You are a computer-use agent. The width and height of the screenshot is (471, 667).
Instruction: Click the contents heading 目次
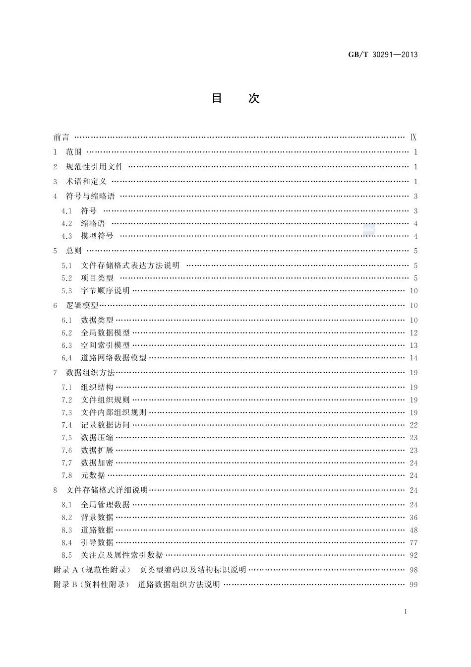[x=235, y=98]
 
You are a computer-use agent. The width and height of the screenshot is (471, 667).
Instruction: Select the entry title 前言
[x=61, y=137]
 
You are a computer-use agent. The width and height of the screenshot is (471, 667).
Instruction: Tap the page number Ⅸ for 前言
[x=414, y=137]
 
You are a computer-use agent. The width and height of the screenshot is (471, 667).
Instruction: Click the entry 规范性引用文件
[x=95, y=167]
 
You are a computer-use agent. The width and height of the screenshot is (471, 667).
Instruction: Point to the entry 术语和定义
[x=86, y=182]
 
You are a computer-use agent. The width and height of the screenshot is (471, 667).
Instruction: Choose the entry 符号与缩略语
[x=90, y=197]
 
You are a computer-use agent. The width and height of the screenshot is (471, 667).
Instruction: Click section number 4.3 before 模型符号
[x=67, y=236]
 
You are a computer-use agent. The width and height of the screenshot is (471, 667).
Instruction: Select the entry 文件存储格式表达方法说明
[x=130, y=266]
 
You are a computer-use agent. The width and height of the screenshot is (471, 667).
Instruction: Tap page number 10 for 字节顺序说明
[x=413, y=291]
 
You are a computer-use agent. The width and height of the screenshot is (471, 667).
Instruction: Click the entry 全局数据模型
[x=106, y=333]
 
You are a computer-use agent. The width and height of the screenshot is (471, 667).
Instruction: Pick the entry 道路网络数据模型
[x=114, y=358]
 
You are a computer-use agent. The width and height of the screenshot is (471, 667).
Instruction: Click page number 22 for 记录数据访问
[x=413, y=425]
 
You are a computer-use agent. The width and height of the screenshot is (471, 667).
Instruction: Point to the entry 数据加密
[x=97, y=463]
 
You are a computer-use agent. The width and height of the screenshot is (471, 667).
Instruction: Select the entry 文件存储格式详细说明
[x=107, y=490]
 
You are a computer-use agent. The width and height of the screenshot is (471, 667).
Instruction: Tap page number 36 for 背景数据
[x=413, y=518]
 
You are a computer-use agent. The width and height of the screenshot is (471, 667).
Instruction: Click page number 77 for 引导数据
[x=413, y=543]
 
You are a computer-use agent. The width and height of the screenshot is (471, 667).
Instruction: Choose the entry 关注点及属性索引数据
[x=122, y=555]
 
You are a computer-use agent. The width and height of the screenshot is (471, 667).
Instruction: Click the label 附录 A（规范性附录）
[x=92, y=570]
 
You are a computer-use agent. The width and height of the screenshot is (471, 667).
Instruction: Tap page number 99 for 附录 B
[x=413, y=585]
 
